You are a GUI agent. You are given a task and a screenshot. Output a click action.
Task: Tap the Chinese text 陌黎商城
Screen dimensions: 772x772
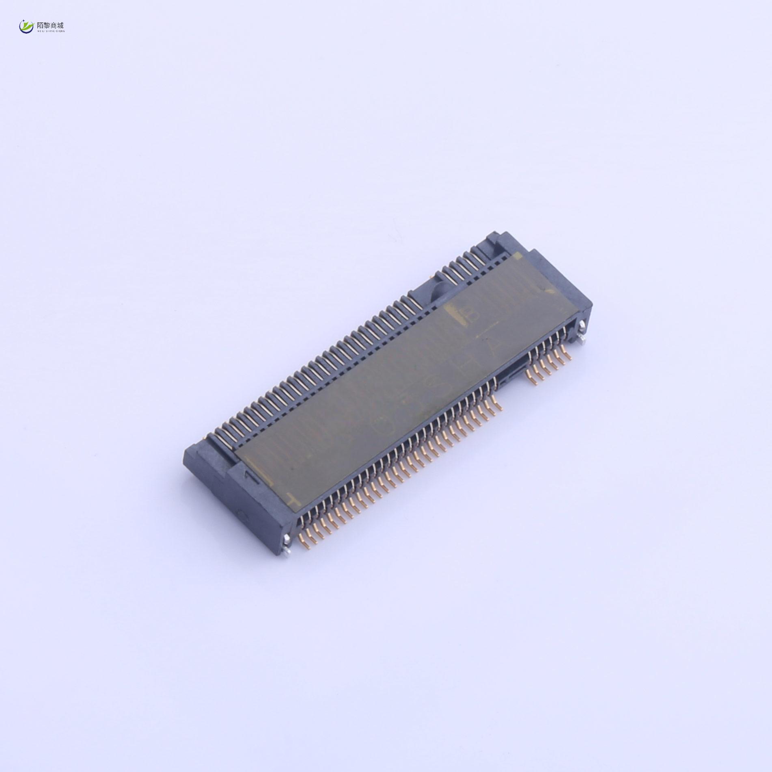coord(50,24)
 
